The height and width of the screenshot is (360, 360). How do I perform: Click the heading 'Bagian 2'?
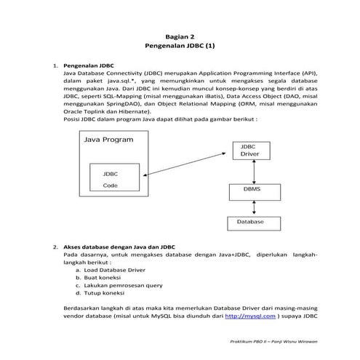(x=180, y=35)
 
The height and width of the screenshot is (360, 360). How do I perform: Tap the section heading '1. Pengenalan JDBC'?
(x=90, y=65)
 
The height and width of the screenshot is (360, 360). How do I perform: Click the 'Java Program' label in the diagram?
(x=108, y=139)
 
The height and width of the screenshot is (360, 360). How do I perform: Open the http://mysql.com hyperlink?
(x=250, y=316)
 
